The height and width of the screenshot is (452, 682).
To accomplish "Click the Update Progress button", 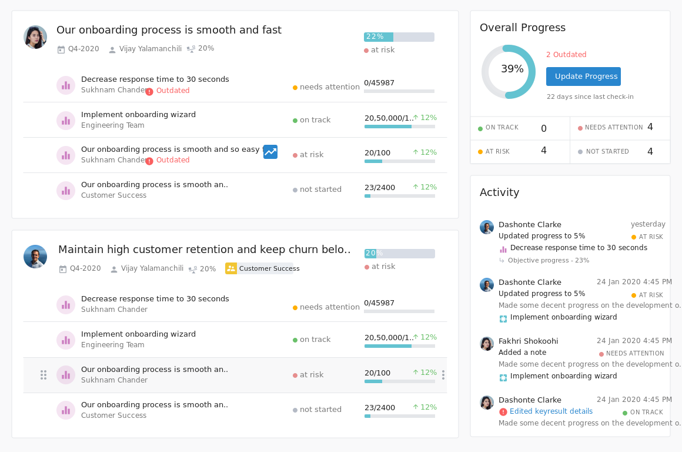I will pyautogui.click(x=583, y=77).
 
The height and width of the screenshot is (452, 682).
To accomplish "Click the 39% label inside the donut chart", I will pyautogui.click(x=512, y=69).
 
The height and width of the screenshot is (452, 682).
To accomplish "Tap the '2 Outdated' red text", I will pyautogui.click(x=566, y=55).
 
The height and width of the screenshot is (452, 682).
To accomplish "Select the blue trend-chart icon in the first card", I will pyautogui.click(x=270, y=152).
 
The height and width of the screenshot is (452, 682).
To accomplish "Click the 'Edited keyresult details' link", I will pyautogui.click(x=551, y=412).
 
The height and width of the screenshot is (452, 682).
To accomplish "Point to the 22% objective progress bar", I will pyautogui.click(x=399, y=37).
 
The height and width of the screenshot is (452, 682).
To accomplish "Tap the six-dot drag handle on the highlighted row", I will pyautogui.click(x=44, y=375).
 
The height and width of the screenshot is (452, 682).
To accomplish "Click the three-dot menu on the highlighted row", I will pyautogui.click(x=443, y=375).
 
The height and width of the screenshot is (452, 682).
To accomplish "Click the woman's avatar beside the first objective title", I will pyautogui.click(x=35, y=37).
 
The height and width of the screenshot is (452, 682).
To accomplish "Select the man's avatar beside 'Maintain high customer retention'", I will pyautogui.click(x=35, y=257).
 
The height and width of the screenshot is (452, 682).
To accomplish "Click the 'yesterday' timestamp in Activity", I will pyautogui.click(x=648, y=224).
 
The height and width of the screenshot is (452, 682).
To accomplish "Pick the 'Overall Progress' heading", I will pyautogui.click(x=522, y=28).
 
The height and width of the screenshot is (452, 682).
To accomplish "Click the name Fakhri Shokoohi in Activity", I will pyautogui.click(x=528, y=341).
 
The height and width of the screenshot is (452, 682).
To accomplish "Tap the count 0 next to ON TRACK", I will pyautogui.click(x=543, y=128).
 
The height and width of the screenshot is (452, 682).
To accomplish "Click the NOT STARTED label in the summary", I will pyautogui.click(x=607, y=152).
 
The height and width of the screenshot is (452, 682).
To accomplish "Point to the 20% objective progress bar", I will pyautogui.click(x=399, y=254).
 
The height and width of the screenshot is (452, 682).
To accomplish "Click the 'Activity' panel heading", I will pyautogui.click(x=499, y=192).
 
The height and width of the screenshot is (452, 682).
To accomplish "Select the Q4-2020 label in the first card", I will pyautogui.click(x=83, y=49).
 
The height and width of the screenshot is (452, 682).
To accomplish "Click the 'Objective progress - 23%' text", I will pyautogui.click(x=548, y=260).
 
